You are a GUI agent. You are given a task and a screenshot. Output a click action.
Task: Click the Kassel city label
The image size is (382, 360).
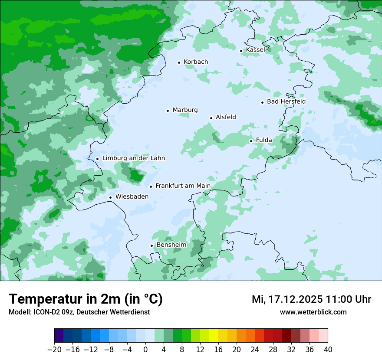[x=255, y=50]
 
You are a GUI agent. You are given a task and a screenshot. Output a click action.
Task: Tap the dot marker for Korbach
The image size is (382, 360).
[x=179, y=62]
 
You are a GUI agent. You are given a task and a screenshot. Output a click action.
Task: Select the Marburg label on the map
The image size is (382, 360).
[x=185, y=110]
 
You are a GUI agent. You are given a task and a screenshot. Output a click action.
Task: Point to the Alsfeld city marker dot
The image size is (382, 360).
[x=211, y=118]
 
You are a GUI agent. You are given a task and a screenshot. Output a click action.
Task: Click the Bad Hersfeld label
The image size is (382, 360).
[x=286, y=101]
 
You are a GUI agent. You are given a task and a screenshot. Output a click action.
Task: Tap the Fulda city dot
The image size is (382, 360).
[x=251, y=141]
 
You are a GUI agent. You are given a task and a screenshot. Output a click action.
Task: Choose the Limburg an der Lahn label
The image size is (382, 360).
[x=133, y=158]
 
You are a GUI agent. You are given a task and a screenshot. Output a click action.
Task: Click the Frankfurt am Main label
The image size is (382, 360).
[x=183, y=186]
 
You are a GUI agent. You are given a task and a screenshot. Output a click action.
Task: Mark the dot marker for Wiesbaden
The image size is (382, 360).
[x=110, y=198]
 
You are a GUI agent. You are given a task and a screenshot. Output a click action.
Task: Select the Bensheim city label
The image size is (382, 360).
[x=171, y=245]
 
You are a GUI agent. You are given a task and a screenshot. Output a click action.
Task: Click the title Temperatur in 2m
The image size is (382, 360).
[x=86, y=299]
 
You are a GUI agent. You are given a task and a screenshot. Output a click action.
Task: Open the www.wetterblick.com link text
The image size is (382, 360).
[x=313, y=312]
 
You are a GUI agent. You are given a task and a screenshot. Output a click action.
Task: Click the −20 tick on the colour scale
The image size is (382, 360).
[x=54, y=350]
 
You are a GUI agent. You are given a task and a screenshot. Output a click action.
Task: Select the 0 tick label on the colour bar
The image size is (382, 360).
[x=145, y=350]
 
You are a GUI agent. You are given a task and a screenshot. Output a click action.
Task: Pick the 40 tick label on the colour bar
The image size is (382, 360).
[x=328, y=350]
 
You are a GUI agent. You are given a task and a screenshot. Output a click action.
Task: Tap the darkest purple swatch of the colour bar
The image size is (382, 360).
[x=59, y=336]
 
